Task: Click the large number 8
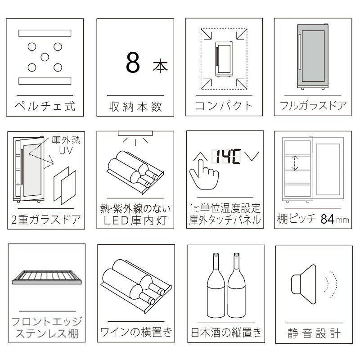click(133, 62)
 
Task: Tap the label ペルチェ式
click(45, 106)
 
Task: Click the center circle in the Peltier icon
click(45, 57)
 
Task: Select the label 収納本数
click(135, 107)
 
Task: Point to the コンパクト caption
click(224, 106)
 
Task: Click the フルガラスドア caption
click(313, 105)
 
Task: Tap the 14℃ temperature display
click(229, 157)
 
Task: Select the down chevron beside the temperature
click(252, 156)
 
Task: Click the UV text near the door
click(66, 151)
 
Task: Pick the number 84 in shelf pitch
click(328, 219)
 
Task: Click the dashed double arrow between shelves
click(295, 163)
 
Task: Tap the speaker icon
click(304, 284)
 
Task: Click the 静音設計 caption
click(314, 333)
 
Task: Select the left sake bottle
click(216, 285)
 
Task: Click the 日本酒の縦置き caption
click(226, 332)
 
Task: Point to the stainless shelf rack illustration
click(47, 277)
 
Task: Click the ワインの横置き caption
click(136, 332)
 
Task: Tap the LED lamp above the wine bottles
click(135, 133)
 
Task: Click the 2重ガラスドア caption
click(46, 220)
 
